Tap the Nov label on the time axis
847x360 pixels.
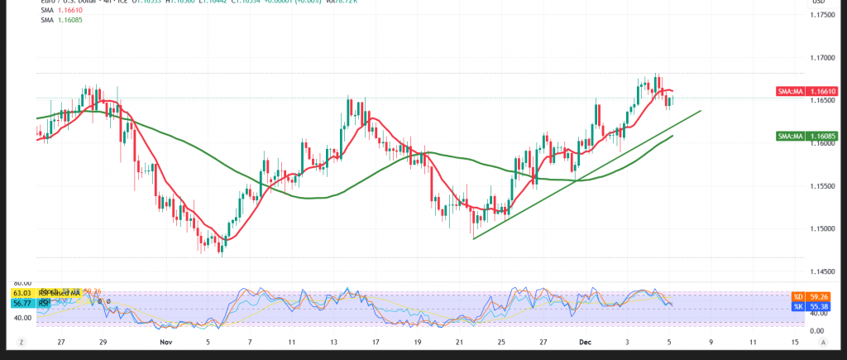(165, 341)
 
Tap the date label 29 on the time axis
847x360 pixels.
(103, 341)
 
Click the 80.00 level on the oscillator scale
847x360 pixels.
(23, 282)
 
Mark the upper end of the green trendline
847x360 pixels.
(701, 110)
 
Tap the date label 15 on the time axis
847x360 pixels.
(795, 341)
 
